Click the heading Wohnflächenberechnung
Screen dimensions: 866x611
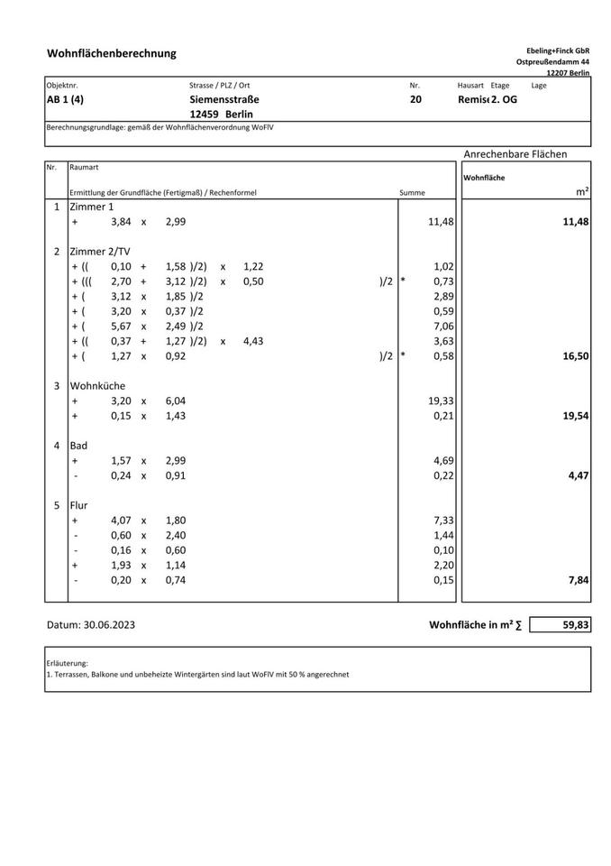[x=112, y=54]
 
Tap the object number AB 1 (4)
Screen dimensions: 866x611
[x=71, y=99]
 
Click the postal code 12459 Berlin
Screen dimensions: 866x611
[x=222, y=115]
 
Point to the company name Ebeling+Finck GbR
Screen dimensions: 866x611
[x=558, y=51]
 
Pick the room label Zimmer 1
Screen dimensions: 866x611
[x=92, y=207]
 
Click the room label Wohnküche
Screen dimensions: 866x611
[x=98, y=385]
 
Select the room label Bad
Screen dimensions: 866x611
[x=78, y=446]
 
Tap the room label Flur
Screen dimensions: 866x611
[x=79, y=505]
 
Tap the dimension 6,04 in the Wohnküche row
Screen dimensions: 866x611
[x=176, y=401]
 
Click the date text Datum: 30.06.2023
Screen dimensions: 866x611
[x=97, y=624]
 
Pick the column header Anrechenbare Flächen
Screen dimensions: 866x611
[x=515, y=154]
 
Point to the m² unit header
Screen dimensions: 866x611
[x=582, y=192]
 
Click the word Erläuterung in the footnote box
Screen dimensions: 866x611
[x=67, y=663]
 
